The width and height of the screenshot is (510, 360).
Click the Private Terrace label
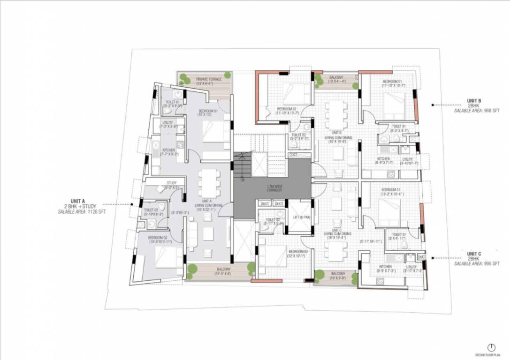tap(209, 79)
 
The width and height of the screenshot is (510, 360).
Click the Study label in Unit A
tap(171, 183)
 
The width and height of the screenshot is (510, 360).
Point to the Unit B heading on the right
tap(474, 100)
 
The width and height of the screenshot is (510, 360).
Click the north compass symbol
tap(491, 347)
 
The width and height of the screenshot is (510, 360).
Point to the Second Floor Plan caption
tap(490, 355)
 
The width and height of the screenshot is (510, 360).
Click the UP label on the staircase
tap(242, 180)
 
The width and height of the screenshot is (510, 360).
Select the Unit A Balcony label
tap(222, 269)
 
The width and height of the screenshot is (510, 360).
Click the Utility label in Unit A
tap(167, 123)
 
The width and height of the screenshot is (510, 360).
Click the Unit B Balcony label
tap(336, 77)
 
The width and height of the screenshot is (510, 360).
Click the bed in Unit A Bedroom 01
tap(213, 132)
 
